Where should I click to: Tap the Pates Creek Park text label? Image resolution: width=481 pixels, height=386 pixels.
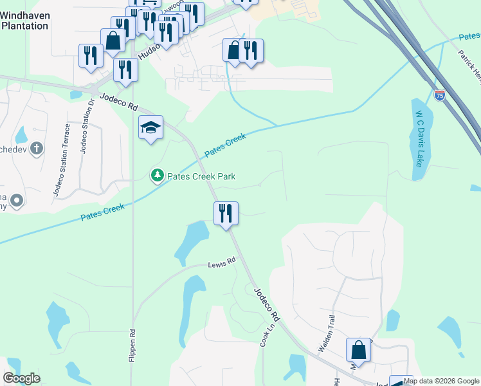pos(201,176)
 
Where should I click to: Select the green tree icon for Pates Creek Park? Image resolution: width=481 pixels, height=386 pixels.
pos(156,175)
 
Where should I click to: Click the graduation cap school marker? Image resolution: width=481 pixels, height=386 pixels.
pos(150,128)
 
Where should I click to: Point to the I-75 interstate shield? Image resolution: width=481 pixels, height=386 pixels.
pos(439,96)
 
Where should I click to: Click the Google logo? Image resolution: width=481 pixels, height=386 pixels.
pos(21,378)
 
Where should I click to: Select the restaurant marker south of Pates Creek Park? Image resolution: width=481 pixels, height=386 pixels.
pos(226,213)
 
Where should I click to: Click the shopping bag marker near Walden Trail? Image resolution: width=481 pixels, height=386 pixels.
pos(358,351)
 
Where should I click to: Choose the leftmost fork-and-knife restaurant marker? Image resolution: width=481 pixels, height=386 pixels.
pos(90,55)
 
